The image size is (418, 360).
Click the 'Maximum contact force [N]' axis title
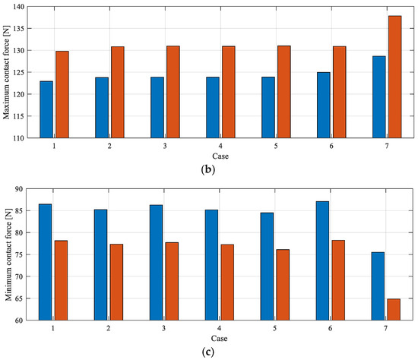7,72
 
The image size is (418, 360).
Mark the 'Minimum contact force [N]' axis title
7,254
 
